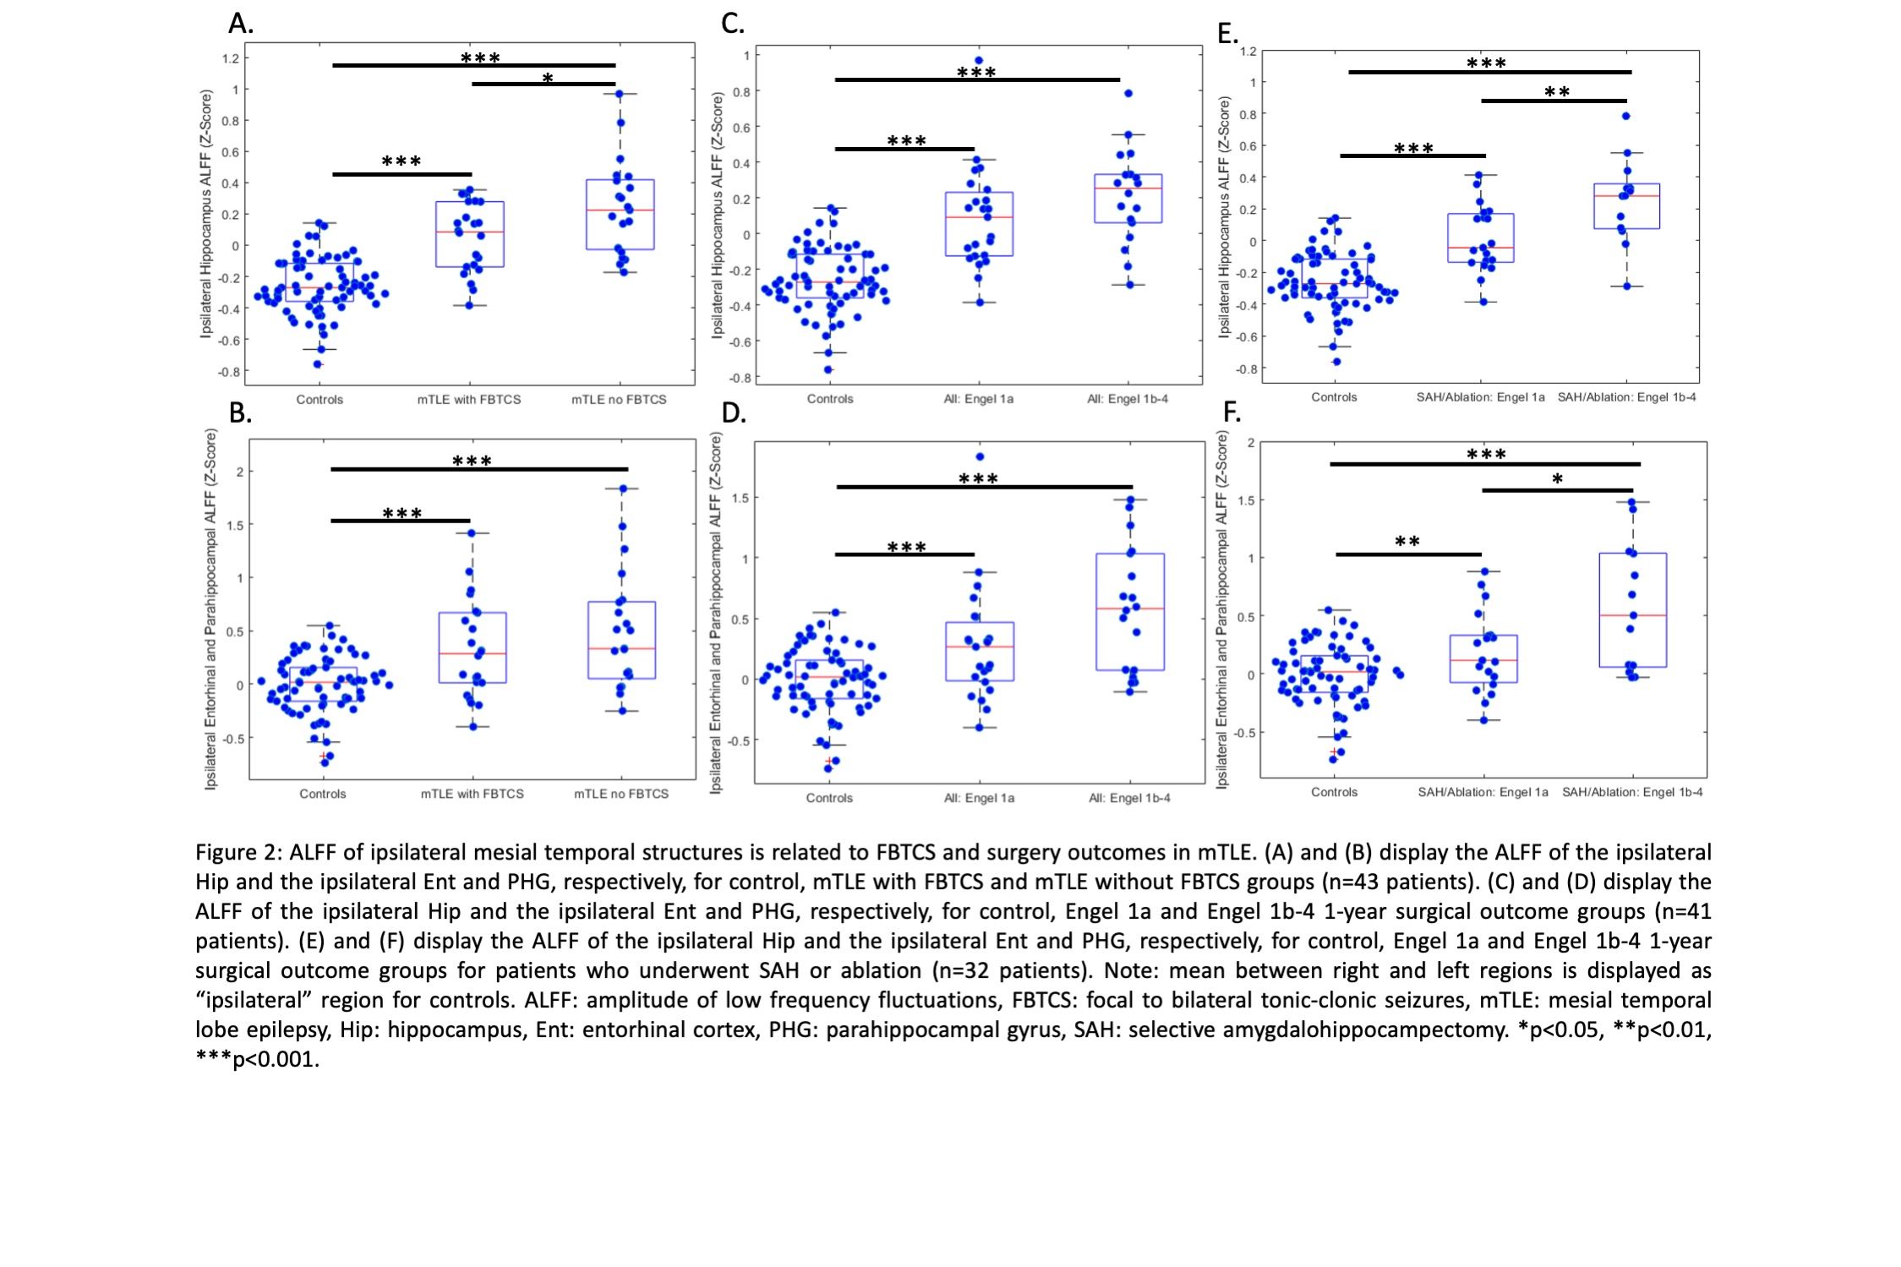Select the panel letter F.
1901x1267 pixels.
[1232, 412]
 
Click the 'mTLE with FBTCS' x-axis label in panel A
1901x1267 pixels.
[469, 399]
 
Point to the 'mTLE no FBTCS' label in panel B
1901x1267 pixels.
[621, 794]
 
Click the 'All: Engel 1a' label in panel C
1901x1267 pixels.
[979, 399]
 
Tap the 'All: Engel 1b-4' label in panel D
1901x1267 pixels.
[1129, 798]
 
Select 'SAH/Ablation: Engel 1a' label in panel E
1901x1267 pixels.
[1481, 397]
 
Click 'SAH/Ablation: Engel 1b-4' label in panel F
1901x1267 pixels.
[1632, 792]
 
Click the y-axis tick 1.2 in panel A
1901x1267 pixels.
[231, 58]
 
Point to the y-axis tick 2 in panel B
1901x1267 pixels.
[239, 472]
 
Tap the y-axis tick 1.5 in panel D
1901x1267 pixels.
[740, 498]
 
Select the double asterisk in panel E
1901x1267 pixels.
[1557, 92]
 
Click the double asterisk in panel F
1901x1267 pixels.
[1407, 542]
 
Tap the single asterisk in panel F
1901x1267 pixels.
[1558, 479]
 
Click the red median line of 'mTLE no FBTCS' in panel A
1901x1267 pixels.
[620, 210]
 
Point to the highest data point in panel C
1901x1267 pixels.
[979, 61]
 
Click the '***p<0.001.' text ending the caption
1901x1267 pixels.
[258, 1059]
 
